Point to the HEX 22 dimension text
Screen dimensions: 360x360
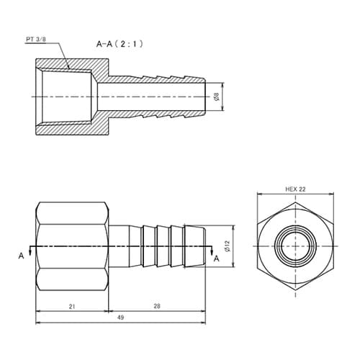(294, 189)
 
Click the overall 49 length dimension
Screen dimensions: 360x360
(120, 319)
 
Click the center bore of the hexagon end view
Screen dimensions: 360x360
(294, 247)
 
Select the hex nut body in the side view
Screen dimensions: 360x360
(72, 247)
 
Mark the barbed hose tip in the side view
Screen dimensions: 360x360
(194, 247)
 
